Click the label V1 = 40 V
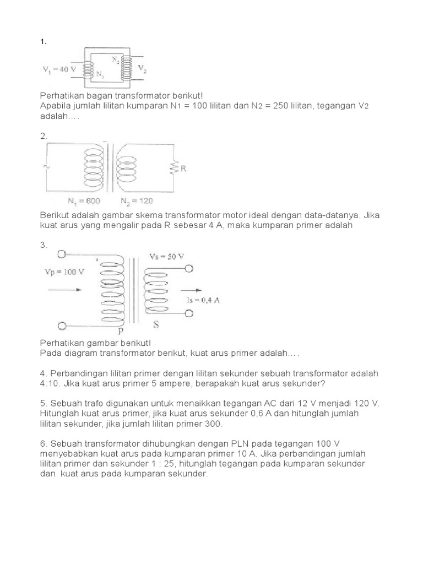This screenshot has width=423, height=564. [x=59, y=69]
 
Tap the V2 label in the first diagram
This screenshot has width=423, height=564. [x=143, y=69]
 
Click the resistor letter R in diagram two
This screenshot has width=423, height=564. [x=183, y=169]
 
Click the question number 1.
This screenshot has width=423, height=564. [x=42, y=42]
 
